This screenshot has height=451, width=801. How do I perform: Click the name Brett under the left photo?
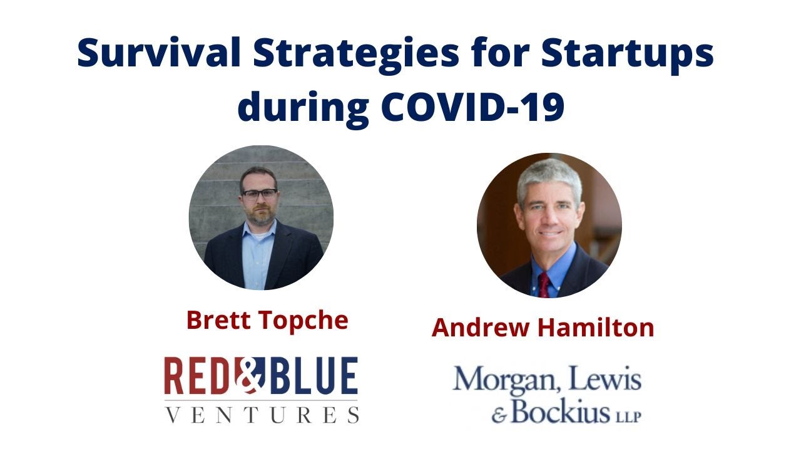[216, 320]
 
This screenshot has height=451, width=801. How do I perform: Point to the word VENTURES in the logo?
[261, 414]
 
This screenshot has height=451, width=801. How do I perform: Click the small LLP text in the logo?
[628, 416]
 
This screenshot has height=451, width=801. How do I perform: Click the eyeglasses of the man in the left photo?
[258, 194]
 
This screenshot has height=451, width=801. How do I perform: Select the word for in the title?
[498, 54]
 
